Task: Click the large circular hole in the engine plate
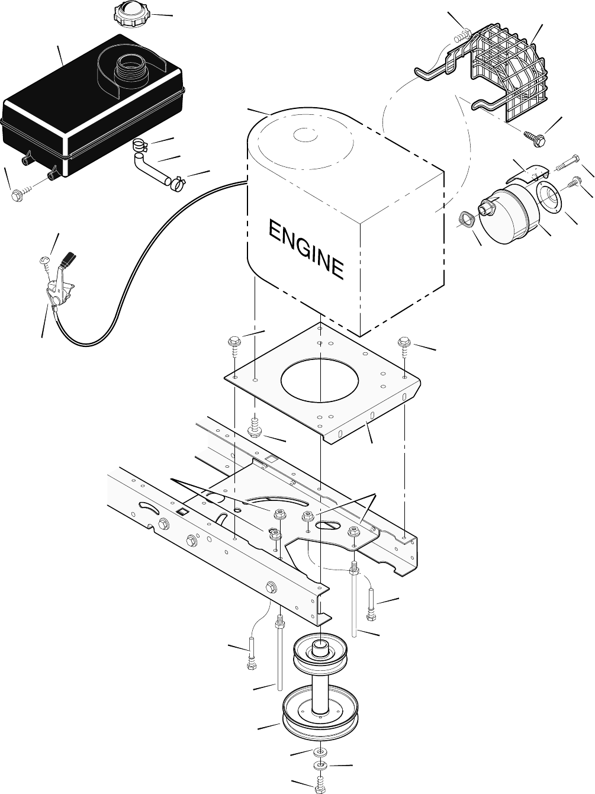pos(320,380)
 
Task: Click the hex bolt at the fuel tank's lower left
pos(18,196)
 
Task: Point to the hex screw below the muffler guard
pos(535,138)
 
